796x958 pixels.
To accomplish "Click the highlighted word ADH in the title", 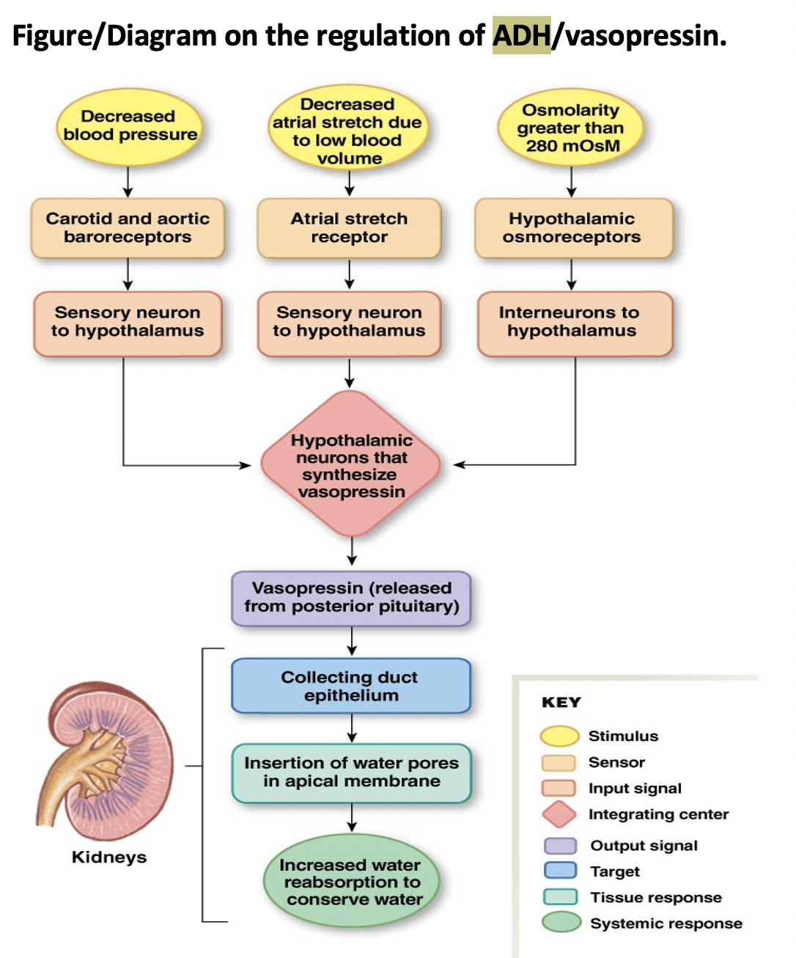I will (521, 35).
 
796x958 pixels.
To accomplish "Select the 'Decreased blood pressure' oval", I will (130, 125).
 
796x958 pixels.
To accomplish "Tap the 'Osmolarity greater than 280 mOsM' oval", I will (571, 128).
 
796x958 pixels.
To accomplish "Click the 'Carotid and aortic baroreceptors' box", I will (128, 227).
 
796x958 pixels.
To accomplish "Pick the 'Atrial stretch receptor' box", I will (349, 227).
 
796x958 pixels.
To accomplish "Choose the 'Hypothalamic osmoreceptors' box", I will (572, 227).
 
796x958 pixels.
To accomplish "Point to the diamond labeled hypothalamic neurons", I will (351, 465).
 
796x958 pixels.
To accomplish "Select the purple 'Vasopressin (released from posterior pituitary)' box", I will (351, 597).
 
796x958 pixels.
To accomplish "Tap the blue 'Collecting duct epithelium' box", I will (351, 686).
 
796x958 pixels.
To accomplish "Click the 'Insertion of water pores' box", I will (351, 772).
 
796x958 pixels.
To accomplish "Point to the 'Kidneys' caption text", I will (108, 857).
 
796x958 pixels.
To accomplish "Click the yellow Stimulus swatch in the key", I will (559, 736).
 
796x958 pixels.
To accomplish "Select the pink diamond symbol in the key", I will (559, 814).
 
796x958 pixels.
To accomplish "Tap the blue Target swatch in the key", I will (560, 871).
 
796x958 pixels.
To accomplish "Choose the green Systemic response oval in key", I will (561, 922).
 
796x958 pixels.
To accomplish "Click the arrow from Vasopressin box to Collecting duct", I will (352, 640).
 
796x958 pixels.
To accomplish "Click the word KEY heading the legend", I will (561, 702).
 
